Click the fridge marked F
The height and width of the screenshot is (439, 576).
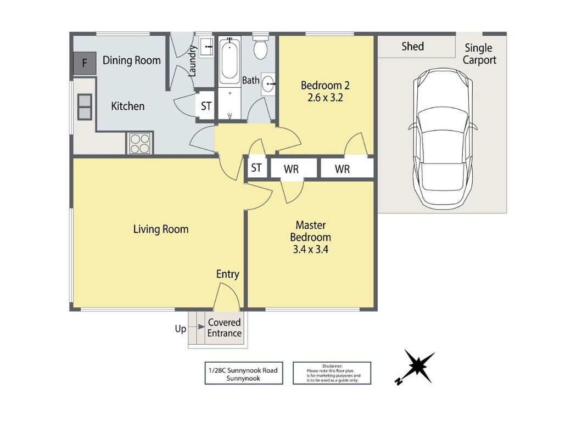point(85,63)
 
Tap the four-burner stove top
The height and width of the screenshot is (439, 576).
point(141,143)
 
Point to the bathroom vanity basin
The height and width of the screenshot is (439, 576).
point(269,85)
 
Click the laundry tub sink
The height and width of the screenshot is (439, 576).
point(206,47)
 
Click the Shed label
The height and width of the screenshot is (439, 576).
point(412,47)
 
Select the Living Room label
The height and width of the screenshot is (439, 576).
point(161,229)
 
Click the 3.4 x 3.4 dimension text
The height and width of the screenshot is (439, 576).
point(310,250)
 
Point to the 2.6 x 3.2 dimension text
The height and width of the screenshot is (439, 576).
point(325,98)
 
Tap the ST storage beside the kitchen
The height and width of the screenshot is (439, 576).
point(206,106)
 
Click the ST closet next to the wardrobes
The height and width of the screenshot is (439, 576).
point(256,168)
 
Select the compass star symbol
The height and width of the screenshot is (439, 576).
point(417,366)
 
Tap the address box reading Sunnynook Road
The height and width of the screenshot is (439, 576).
point(244,373)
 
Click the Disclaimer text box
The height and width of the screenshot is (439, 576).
point(332,373)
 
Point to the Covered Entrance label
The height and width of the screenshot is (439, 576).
point(225,328)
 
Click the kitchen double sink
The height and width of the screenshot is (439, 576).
point(85,107)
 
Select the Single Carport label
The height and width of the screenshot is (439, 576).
point(479,54)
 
